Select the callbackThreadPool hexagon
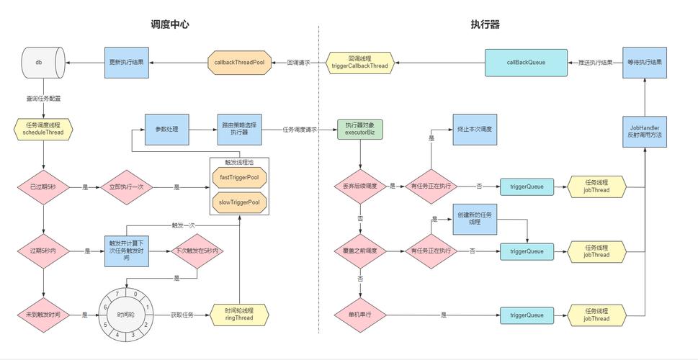tap(239, 63)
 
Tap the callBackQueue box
tap(525, 63)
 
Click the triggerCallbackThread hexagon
tap(359, 63)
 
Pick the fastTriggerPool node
tap(239, 177)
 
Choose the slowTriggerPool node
tap(239, 203)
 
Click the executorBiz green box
tap(359, 130)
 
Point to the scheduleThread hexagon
tap(43, 129)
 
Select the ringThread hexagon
tap(239, 315)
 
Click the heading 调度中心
tap(170, 24)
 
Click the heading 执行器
tap(485, 24)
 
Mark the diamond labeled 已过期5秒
tap(43, 187)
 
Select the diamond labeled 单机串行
tap(359, 315)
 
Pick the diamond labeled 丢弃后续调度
tap(359, 186)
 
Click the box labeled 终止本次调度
tap(475, 130)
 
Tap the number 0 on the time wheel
tap(135, 294)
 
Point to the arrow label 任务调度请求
tap(300, 130)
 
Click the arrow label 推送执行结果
tap(596, 63)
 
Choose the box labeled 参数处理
tap(166, 130)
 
